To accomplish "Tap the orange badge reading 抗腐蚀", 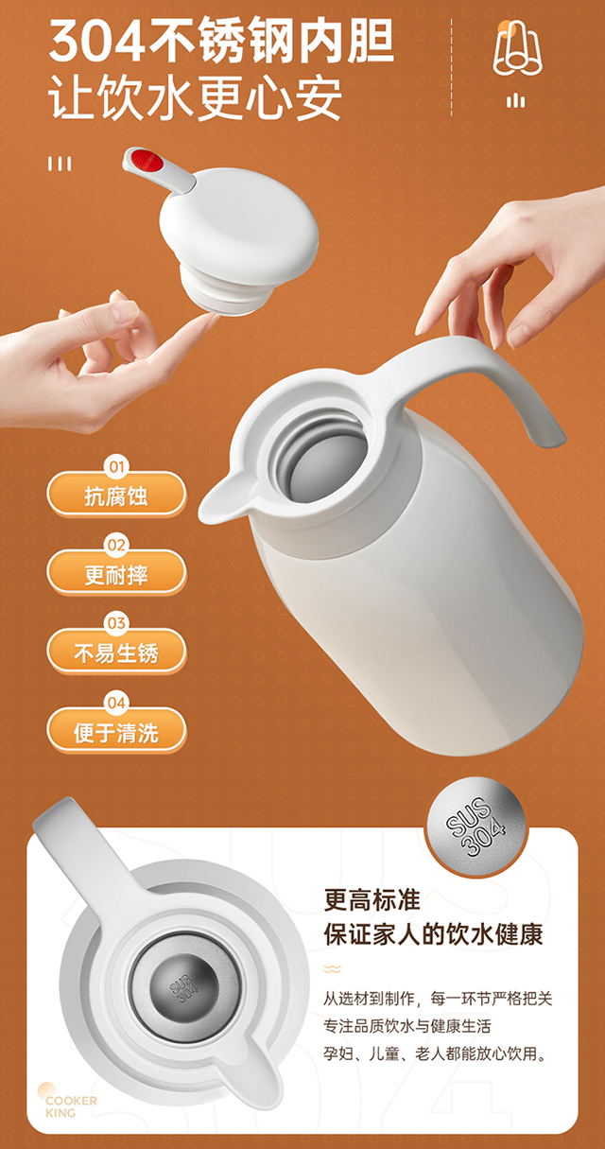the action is (x=116, y=494).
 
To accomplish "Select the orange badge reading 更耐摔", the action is (x=116, y=572).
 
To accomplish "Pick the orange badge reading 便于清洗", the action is (x=116, y=730).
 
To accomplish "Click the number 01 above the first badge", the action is (x=117, y=466).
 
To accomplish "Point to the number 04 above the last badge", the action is (x=116, y=703).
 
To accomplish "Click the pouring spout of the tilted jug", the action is (x=221, y=500).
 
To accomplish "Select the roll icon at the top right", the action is (x=517, y=49).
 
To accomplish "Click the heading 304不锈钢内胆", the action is (x=221, y=41).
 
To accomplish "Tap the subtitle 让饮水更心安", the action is (x=195, y=97).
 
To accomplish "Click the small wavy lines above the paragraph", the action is (x=332, y=969).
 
